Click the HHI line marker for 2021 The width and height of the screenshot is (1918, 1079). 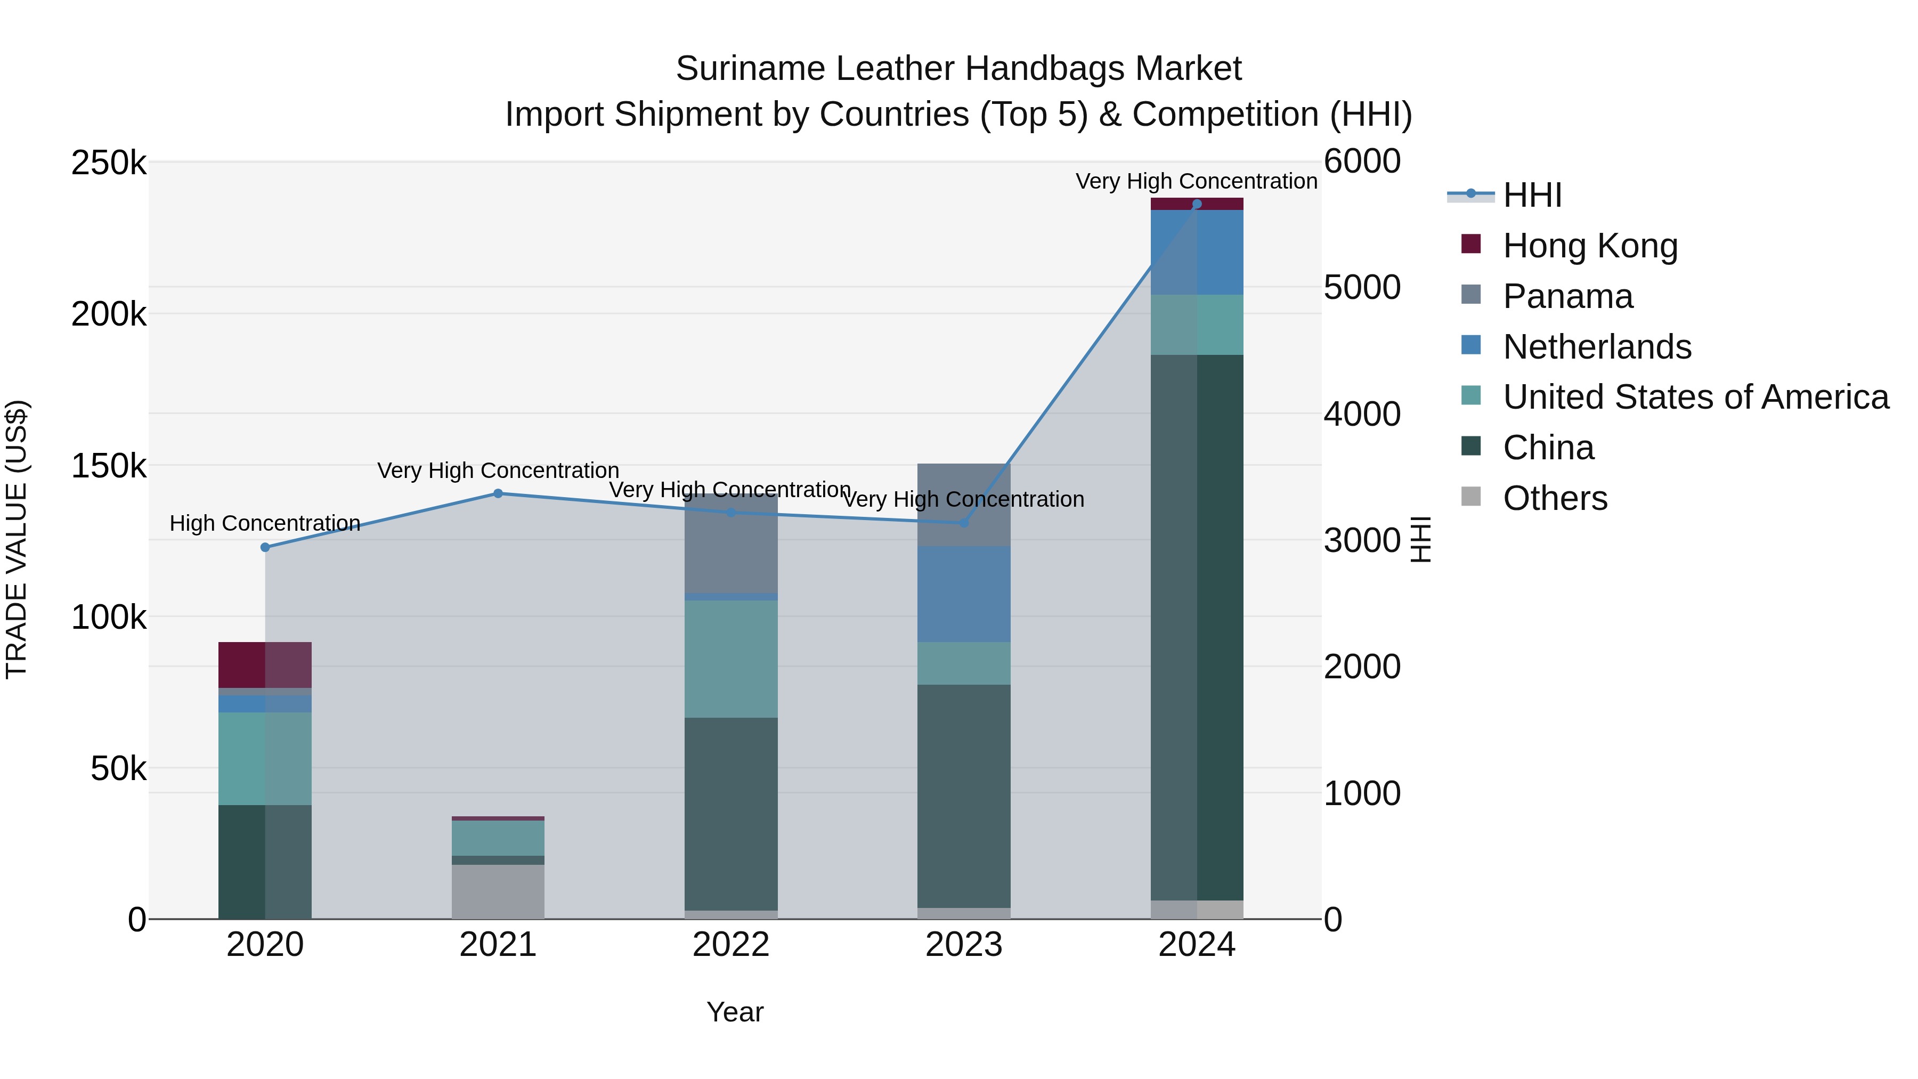[x=498, y=494]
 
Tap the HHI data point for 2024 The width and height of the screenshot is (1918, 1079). [x=1197, y=204]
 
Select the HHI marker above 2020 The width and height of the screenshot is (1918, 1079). [x=265, y=547]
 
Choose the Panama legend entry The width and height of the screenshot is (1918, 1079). [x=1567, y=296]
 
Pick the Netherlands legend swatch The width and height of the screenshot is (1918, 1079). [x=1471, y=345]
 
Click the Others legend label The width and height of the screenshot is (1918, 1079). [x=1555, y=498]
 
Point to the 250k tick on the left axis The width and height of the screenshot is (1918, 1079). [x=109, y=163]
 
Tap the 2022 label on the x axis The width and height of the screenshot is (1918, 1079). [x=730, y=945]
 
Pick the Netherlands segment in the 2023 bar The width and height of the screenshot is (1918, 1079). [x=963, y=594]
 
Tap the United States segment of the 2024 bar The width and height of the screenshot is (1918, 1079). [x=1197, y=324]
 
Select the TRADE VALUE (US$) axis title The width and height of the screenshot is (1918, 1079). [x=17, y=539]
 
